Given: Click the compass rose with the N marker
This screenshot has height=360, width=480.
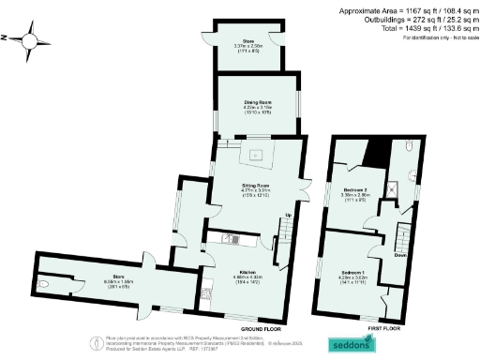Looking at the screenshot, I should point(33,40).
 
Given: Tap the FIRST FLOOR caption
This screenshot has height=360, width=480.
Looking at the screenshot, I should point(384,329).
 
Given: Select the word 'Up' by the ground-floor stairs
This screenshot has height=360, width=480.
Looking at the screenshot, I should point(288,216).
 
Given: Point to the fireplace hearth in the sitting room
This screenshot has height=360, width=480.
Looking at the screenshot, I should point(259,153).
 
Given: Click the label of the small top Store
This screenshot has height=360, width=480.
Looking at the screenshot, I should point(249,44).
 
